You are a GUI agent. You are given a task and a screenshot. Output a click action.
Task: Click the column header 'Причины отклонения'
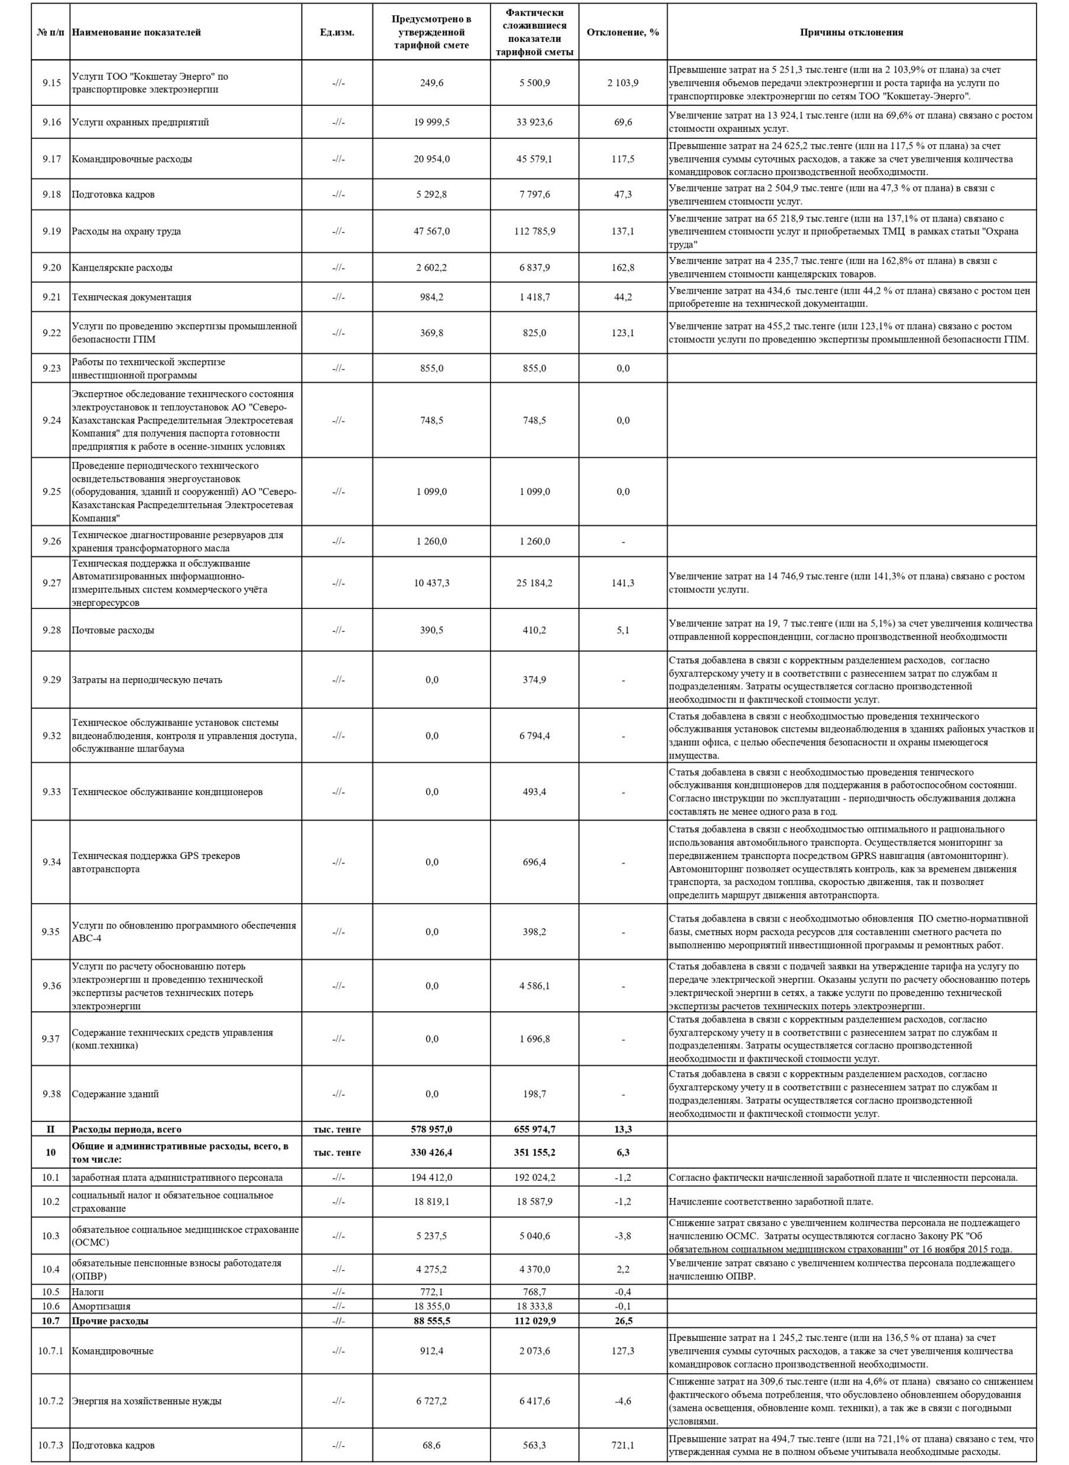click(851, 32)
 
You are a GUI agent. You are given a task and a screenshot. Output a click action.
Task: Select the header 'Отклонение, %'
click(622, 32)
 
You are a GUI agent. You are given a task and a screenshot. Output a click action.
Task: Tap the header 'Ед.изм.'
click(337, 32)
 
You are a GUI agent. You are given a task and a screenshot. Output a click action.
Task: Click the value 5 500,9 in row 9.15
click(534, 83)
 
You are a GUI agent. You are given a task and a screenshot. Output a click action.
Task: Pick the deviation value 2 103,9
click(622, 83)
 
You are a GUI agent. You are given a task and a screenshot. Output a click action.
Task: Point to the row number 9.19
click(51, 231)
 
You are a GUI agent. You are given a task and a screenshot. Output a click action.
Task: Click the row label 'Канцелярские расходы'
click(122, 267)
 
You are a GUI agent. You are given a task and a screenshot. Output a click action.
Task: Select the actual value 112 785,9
click(534, 231)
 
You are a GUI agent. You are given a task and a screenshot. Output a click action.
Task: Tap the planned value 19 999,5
click(431, 122)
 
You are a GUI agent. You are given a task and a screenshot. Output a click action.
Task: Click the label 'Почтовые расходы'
click(113, 630)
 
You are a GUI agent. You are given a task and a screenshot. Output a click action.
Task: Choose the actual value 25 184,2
click(534, 583)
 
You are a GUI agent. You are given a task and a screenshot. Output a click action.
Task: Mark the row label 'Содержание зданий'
click(115, 1094)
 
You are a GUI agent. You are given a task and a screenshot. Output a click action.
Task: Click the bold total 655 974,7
click(534, 1129)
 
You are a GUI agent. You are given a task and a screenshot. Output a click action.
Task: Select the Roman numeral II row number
click(51, 1129)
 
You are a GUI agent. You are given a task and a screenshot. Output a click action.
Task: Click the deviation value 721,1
click(622, 1440)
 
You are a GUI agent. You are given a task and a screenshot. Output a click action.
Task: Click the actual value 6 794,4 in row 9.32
click(534, 735)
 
